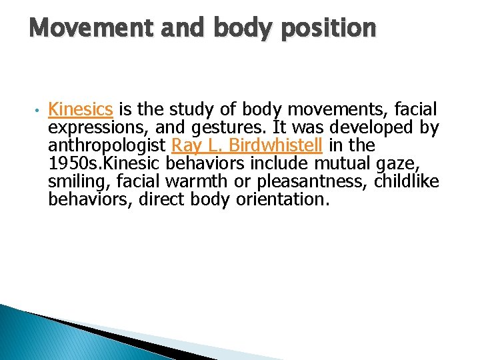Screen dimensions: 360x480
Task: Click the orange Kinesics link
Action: (x=81, y=109)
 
